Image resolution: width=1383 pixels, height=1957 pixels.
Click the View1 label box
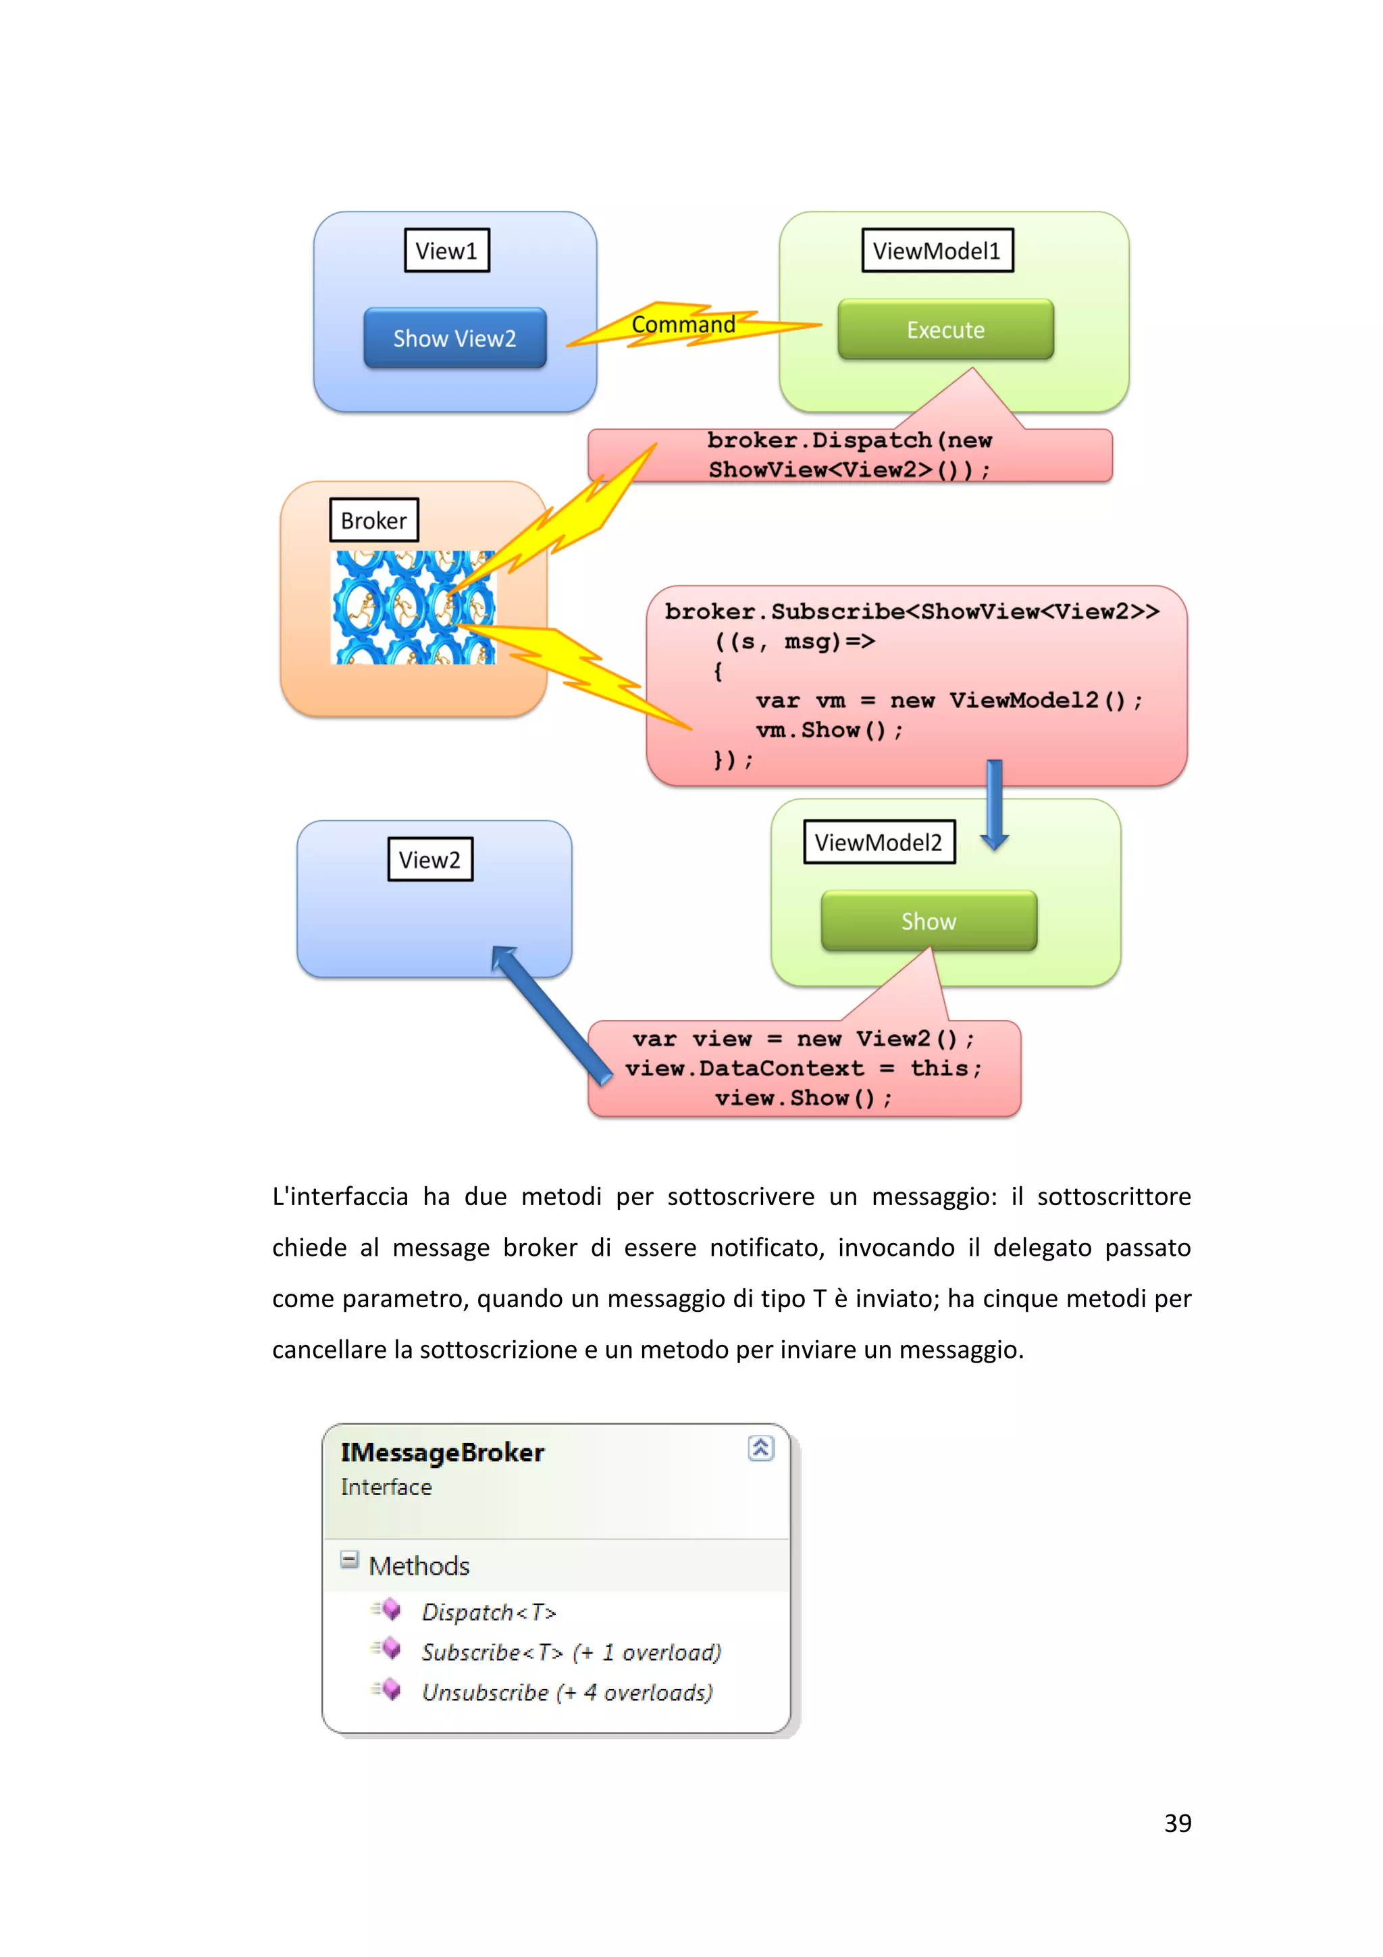446,251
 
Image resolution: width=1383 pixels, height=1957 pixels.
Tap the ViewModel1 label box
937,251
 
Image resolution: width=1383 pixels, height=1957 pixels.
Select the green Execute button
945,330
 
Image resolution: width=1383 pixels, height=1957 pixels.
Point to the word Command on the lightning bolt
683,325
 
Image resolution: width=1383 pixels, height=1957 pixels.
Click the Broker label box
374,520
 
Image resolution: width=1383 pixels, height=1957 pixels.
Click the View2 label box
429,859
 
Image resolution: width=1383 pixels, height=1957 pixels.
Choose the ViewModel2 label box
879,842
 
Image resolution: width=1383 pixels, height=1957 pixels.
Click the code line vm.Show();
829,730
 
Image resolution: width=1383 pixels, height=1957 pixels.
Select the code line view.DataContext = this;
803,1068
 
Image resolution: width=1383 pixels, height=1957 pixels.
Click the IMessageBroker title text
442,1452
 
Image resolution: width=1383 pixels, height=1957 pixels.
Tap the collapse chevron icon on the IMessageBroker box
760,1448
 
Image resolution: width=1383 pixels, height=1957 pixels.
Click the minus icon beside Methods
348,1560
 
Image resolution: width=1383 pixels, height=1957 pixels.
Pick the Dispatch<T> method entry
488,1612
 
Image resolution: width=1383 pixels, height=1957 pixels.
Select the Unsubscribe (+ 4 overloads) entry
567,1692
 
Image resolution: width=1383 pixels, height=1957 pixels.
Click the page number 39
1178,1823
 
